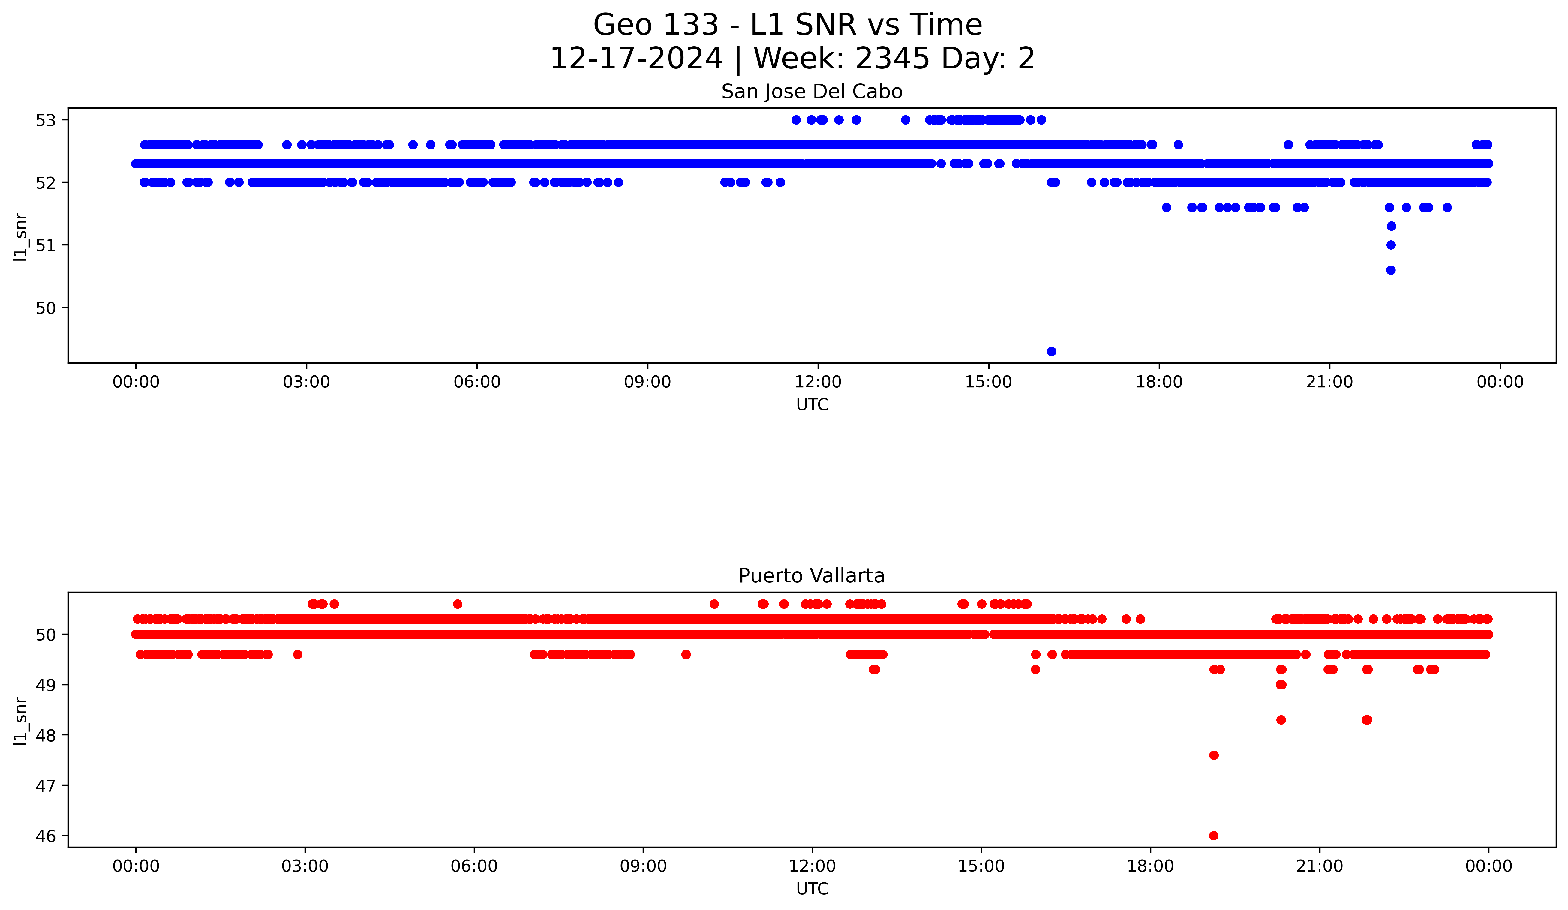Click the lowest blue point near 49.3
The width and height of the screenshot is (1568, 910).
pos(1052,351)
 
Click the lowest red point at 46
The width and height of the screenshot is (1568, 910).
pos(1213,835)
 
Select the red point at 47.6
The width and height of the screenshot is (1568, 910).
pos(1213,755)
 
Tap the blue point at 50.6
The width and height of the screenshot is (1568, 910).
pos(1391,270)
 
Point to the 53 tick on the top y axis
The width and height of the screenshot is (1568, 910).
pos(45,120)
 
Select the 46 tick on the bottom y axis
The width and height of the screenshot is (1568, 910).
pos(45,836)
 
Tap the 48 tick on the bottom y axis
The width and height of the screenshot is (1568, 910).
pos(45,735)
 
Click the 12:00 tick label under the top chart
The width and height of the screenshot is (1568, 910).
pos(818,382)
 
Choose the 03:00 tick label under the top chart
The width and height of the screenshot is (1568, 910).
pos(306,382)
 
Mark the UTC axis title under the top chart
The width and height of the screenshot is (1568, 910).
pos(812,405)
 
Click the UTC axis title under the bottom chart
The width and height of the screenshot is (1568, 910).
pos(812,889)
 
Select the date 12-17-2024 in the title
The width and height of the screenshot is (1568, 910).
pos(636,59)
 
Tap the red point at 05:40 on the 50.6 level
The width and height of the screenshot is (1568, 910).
pos(457,604)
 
